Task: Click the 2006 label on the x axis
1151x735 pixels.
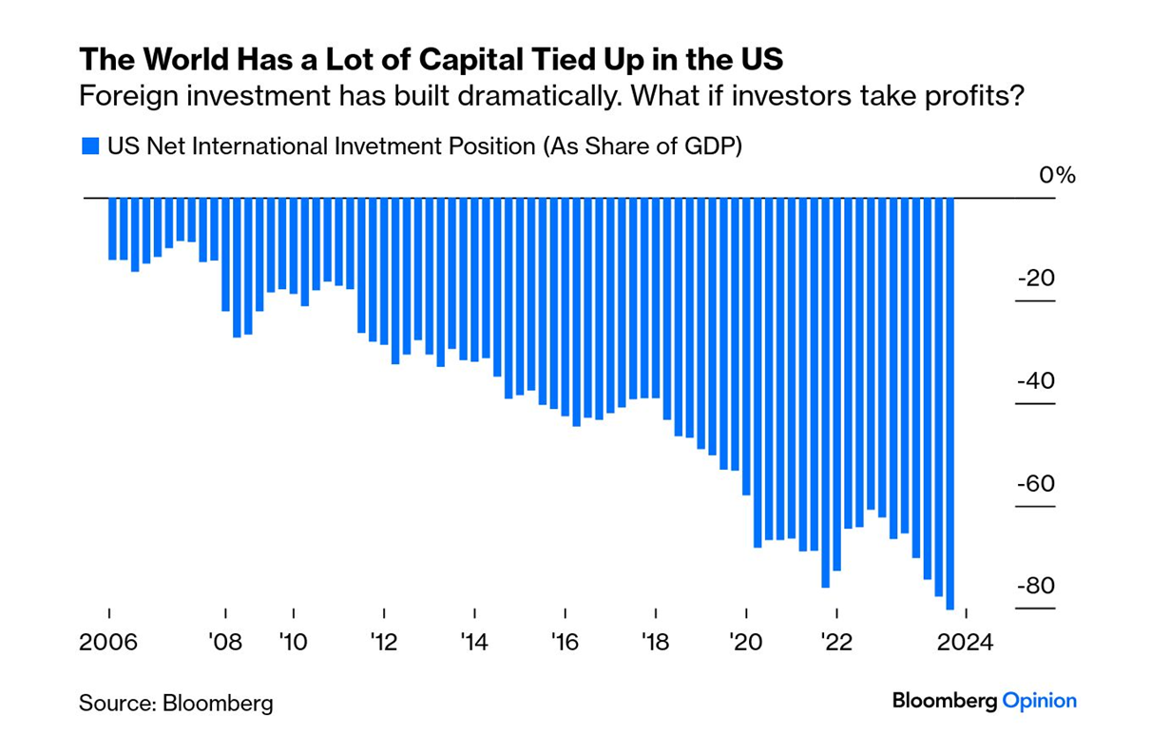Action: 109,642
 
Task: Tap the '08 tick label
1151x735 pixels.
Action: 225,642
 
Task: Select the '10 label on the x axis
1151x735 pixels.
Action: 294,642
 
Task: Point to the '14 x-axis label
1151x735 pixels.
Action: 473,642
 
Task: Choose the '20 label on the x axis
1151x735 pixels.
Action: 746,642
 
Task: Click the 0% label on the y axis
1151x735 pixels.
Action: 1056,176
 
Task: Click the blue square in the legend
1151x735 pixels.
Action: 90,146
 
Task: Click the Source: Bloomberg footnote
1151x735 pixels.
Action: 176,704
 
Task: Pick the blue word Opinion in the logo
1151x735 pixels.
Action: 1040,702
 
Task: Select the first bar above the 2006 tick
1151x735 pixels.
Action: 112,228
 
